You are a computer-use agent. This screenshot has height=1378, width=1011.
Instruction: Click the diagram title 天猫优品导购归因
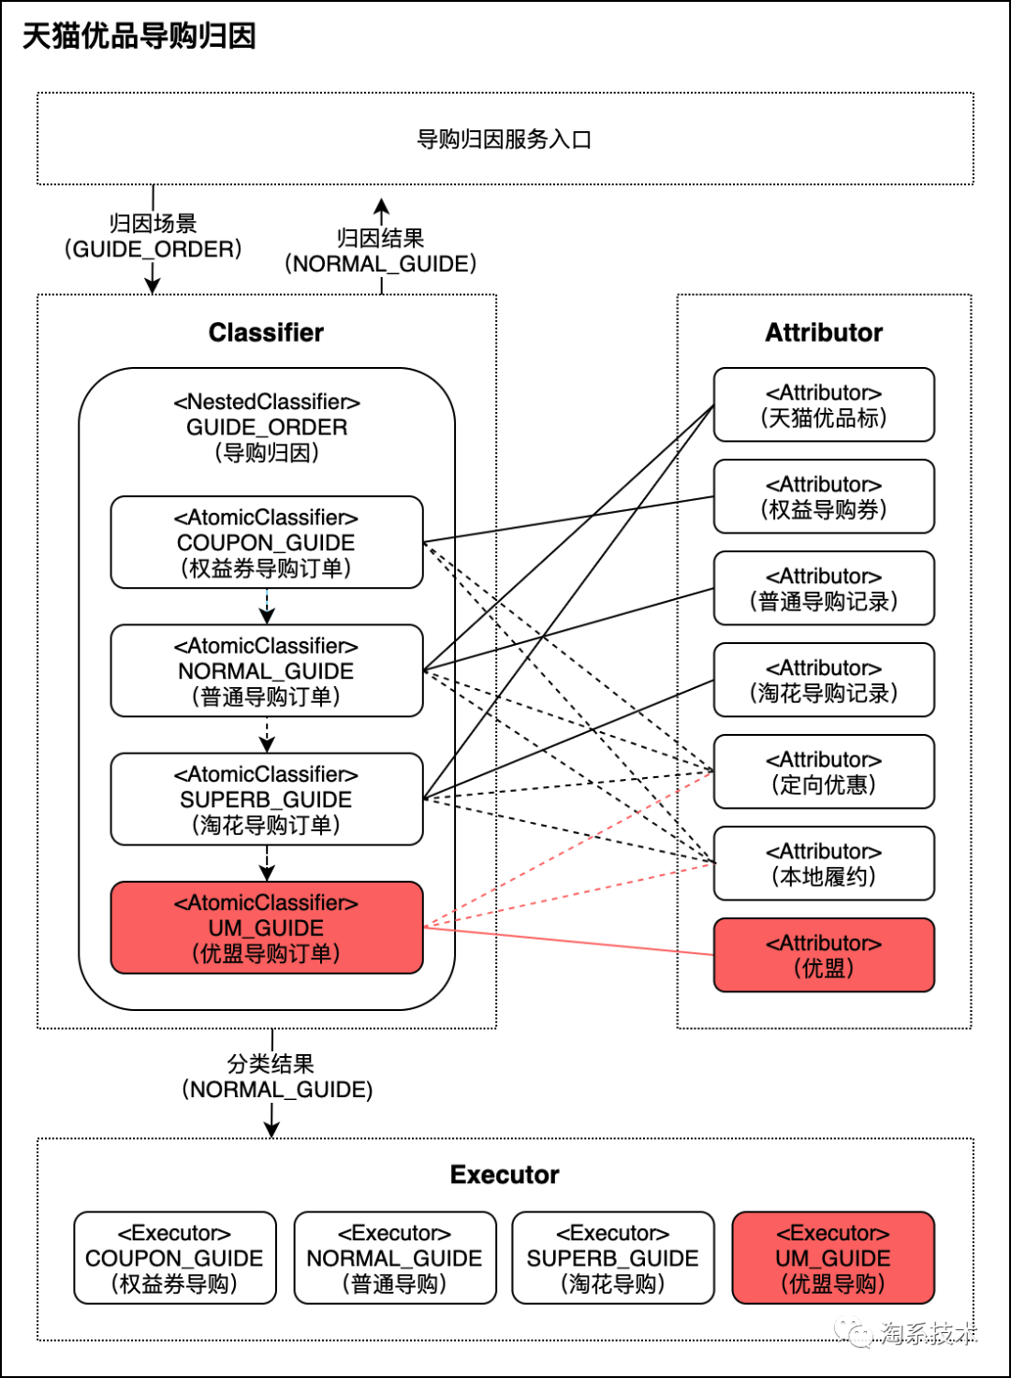click(139, 36)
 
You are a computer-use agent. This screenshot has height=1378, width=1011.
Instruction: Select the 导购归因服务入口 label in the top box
click(504, 139)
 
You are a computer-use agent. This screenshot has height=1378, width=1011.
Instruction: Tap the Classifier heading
click(266, 332)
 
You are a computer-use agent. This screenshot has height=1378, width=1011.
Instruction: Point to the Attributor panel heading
click(824, 332)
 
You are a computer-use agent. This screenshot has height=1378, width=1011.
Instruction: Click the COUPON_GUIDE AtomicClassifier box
click(267, 542)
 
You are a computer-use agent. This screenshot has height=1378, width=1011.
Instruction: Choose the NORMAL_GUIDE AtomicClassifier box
click(267, 670)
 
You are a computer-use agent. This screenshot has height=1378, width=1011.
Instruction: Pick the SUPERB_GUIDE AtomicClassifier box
click(267, 799)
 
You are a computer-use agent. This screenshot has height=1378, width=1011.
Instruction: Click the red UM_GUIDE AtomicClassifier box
click(267, 927)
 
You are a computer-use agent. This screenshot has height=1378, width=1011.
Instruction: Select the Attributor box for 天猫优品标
click(824, 404)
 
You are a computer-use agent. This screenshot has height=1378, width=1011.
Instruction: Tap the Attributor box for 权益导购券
click(824, 496)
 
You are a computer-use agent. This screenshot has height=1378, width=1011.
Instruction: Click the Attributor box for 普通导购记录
click(824, 588)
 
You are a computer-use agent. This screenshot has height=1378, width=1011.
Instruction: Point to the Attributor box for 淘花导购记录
click(824, 680)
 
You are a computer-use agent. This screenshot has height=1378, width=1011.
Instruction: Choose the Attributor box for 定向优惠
click(824, 771)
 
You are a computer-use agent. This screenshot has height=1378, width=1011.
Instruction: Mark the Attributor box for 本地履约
click(824, 863)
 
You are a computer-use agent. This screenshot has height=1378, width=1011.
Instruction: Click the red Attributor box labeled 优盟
click(824, 955)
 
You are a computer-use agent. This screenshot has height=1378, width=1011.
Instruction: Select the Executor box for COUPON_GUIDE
click(175, 1257)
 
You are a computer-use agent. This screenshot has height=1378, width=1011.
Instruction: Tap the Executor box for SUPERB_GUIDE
click(613, 1257)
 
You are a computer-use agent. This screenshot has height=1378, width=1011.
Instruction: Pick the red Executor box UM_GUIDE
click(833, 1257)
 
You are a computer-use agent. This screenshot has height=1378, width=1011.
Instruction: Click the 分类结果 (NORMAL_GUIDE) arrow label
click(276, 1077)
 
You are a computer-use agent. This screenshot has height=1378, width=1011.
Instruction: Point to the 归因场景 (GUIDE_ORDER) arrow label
click(153, 236)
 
